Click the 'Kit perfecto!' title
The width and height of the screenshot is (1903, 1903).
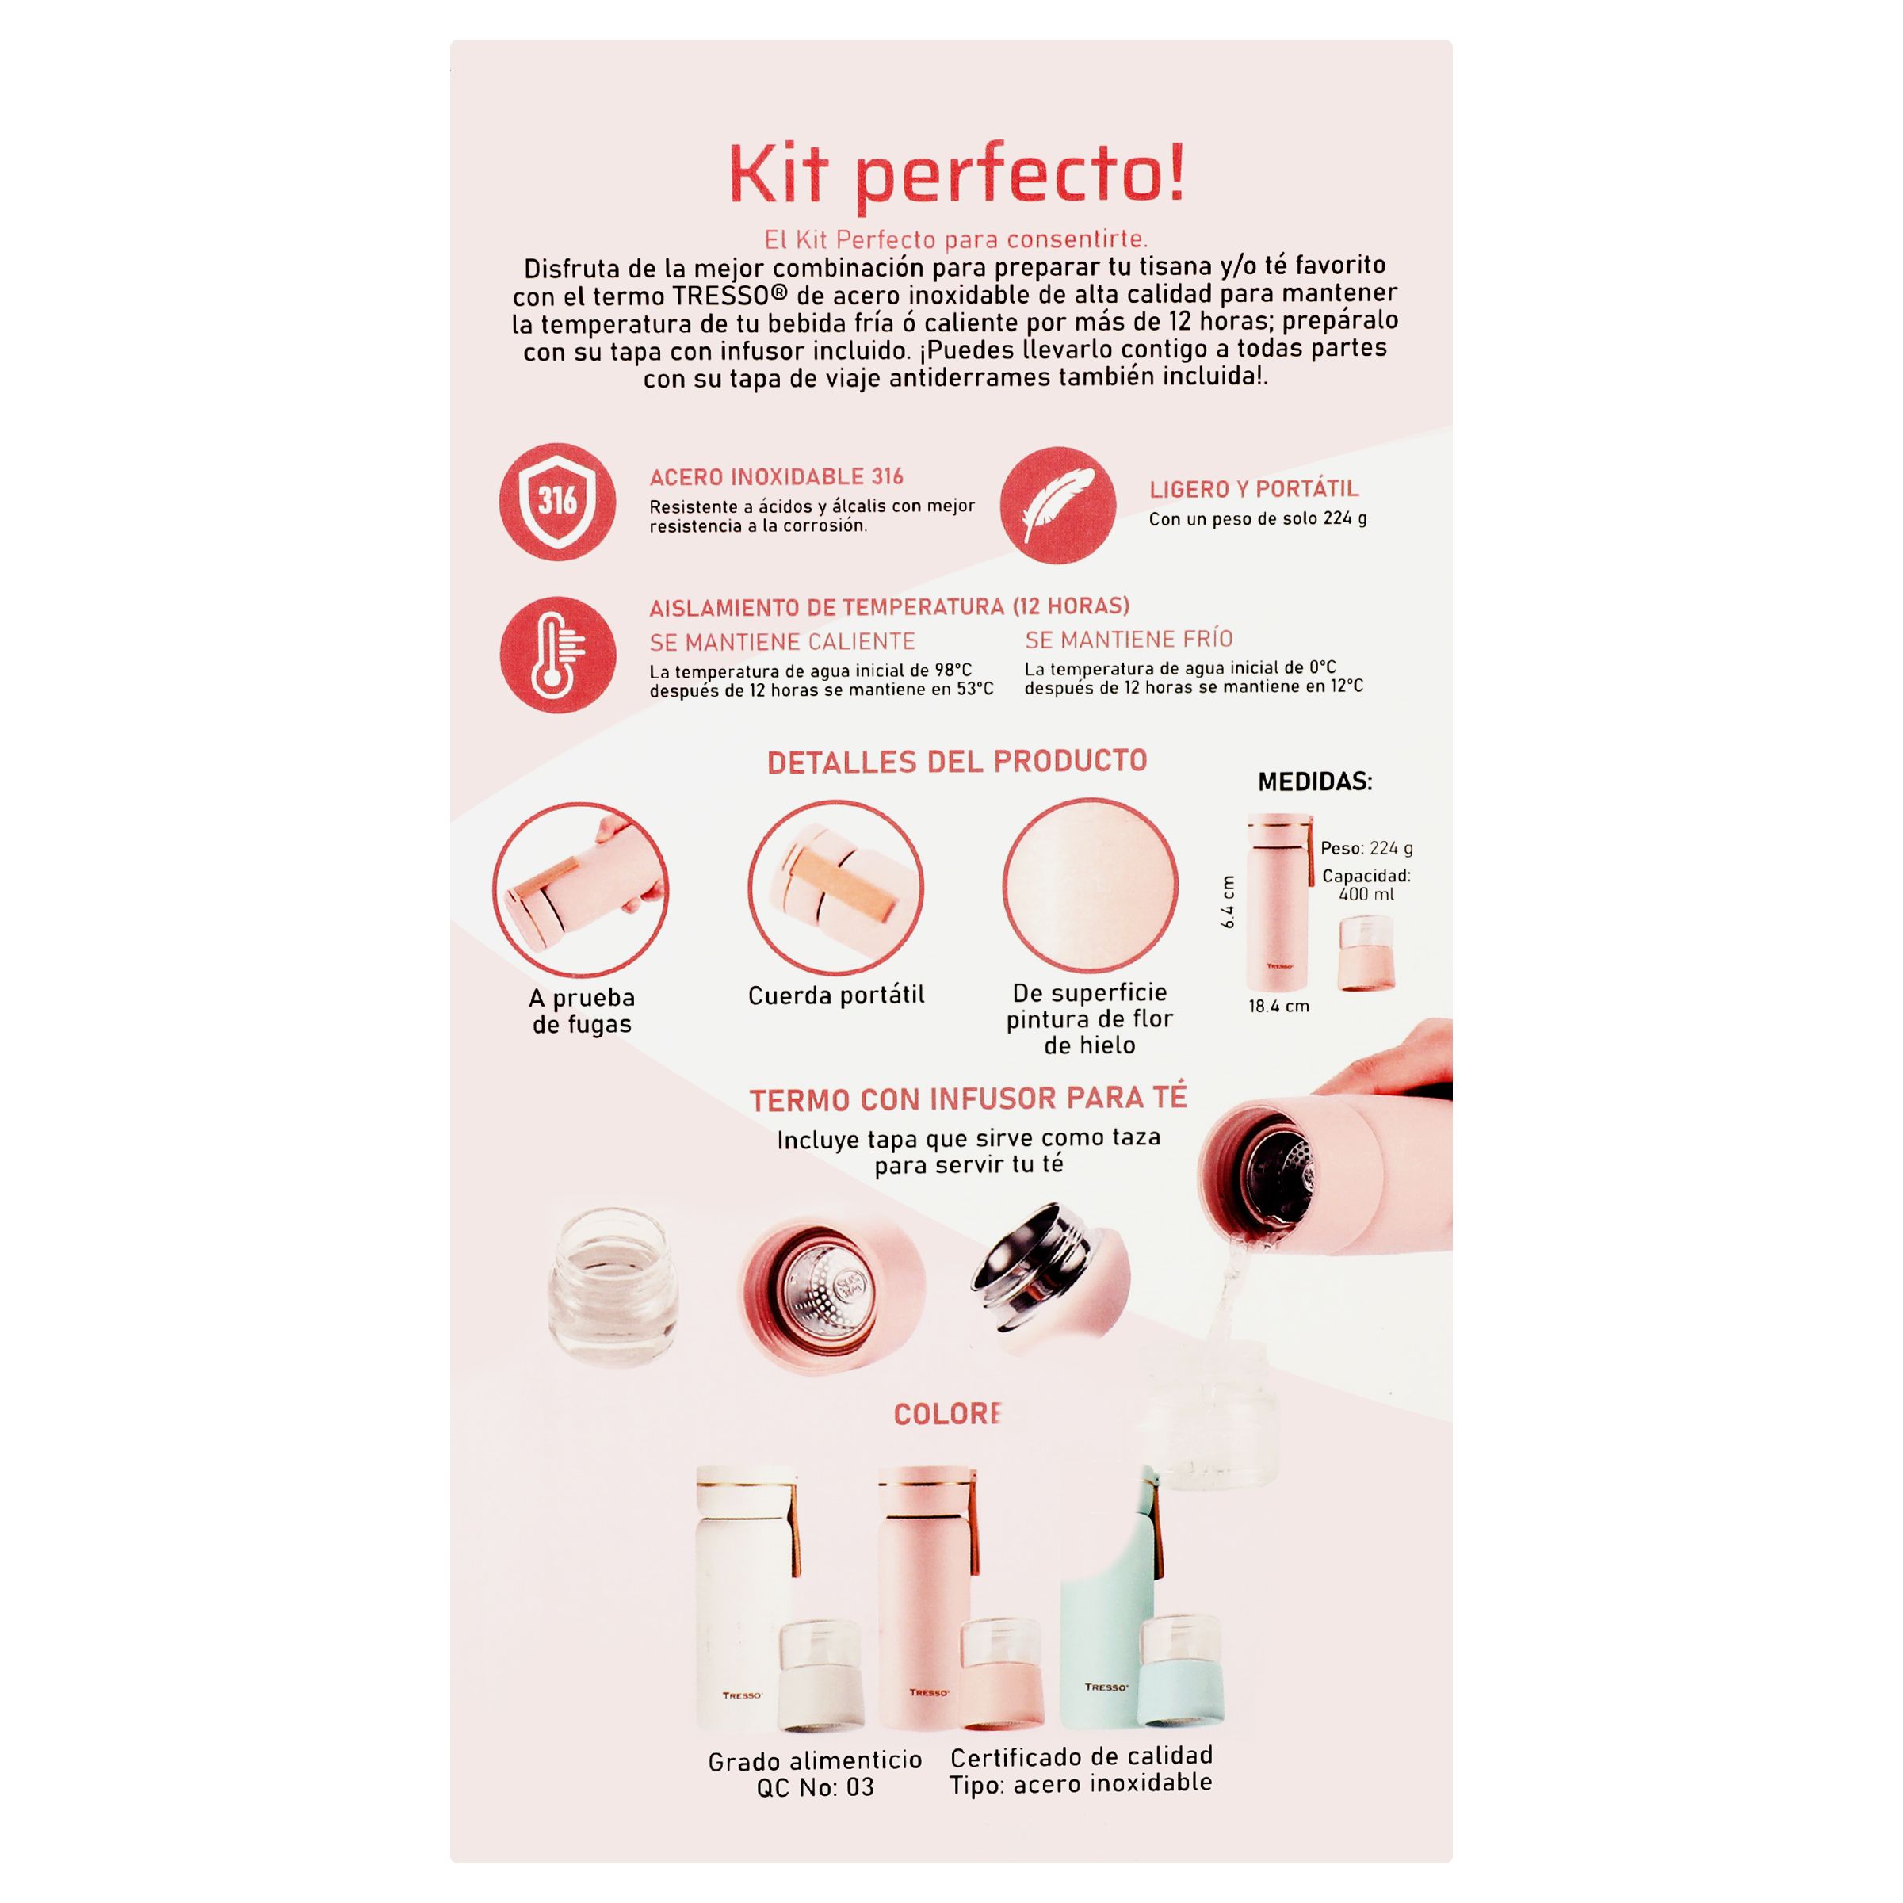[955, 175]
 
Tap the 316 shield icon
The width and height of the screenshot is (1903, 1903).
[557, 502]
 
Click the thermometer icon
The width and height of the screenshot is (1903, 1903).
[557, 655]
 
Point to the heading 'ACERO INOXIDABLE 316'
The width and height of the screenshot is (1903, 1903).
[776, 476]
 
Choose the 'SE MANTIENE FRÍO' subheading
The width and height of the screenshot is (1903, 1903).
[1129, 640]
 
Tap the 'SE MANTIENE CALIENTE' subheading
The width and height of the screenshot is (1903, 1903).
[782, 642]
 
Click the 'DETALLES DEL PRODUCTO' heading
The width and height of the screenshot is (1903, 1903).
[957, 762]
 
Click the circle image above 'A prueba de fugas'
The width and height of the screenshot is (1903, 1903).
[580, 890]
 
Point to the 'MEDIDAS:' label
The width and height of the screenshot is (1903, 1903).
[1315, 782]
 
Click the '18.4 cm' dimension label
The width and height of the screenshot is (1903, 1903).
[1278, 1006]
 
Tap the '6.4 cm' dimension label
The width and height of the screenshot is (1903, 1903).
[1227, 901]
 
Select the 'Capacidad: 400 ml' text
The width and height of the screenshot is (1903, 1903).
[1366, 885]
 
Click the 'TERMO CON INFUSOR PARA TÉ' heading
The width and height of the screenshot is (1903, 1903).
[969, 1099]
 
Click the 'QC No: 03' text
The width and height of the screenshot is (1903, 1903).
[815, 1786]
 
